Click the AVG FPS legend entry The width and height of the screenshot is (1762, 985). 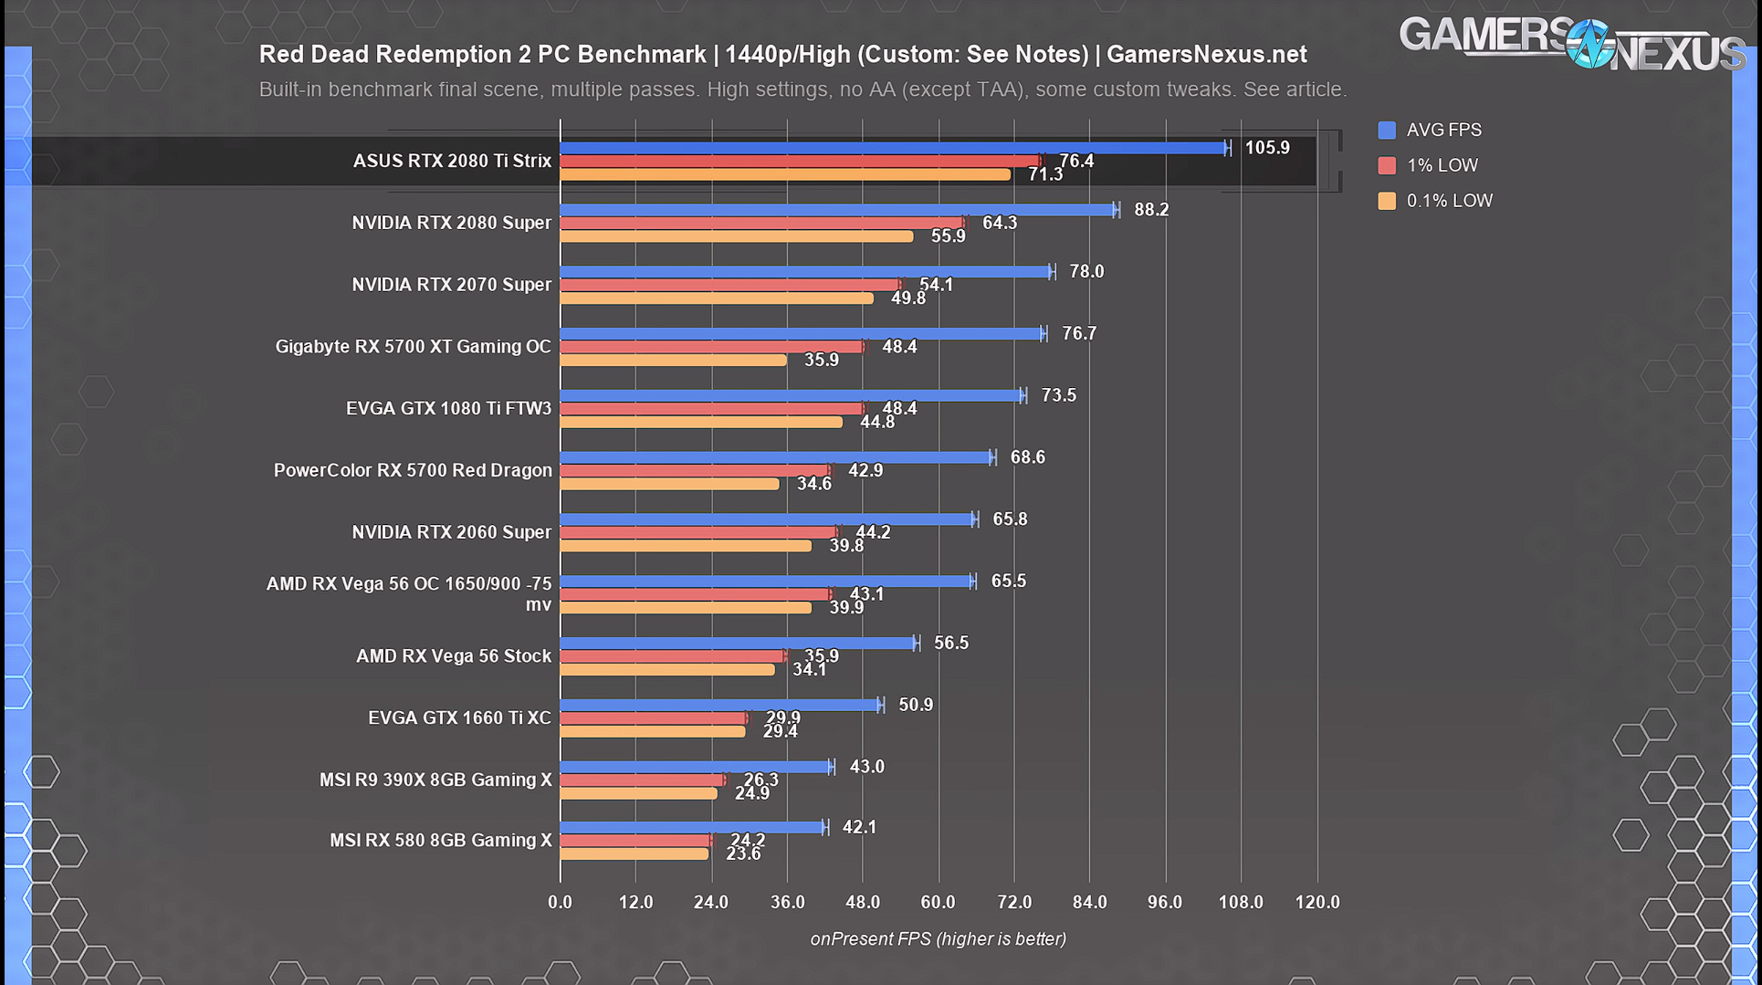click(x=1442, y=131)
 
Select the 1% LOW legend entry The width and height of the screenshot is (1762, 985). click(x=1441, y=165)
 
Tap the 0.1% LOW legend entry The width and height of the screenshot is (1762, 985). click(x=1448, y=201)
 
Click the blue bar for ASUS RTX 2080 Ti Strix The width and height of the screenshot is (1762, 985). click(x=893, y=148)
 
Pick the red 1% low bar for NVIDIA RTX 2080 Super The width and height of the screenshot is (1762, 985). click(x=761, y=223)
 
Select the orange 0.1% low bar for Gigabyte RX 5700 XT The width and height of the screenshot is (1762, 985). click(x=673, y=361)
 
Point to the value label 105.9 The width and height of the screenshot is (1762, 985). click(x=1266, y=148)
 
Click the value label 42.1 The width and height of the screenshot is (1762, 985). click(x=859, y=827)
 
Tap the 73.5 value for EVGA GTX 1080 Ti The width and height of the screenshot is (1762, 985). click(x=1058, y=395)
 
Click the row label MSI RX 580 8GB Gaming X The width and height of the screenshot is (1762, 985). click(x=440, y=840)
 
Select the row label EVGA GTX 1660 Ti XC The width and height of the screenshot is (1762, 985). click(x=459, y=718)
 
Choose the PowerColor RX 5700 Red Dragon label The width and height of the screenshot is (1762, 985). click(x=413, y=470)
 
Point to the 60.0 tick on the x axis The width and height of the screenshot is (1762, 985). click(x=938, y=902)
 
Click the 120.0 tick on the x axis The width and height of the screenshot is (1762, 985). click(x=1317, y=902)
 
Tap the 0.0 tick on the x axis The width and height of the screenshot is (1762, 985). click(x=560, y=902)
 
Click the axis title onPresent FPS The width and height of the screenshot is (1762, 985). click(x=938, y=938)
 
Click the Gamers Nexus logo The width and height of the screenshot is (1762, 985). click(x=1570, y=44)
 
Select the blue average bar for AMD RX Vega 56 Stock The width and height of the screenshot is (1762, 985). click(x=738, y=644)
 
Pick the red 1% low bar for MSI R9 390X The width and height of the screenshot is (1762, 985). click(x=642, y=781)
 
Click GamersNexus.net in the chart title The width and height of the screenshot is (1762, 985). click(x=1206, y=55)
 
